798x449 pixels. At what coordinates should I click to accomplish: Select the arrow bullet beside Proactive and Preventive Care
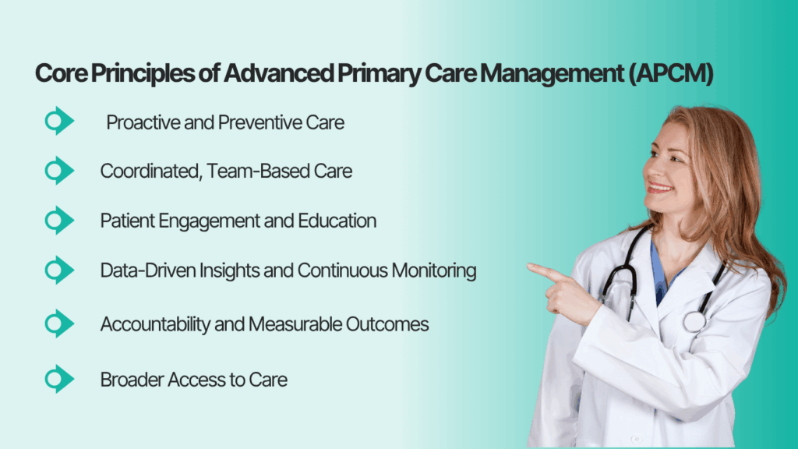click(58, 122)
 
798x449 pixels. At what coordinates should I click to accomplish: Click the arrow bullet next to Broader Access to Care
click(58, 380)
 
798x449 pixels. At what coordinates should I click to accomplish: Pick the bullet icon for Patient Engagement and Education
click(58, 221)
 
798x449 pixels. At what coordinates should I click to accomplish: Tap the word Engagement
click(198, 221)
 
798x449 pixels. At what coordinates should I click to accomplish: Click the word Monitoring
click(432, 271)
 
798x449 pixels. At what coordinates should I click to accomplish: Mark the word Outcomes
click(390, 324)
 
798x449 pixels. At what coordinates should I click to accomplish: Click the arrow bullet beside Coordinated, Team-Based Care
click(58, 171)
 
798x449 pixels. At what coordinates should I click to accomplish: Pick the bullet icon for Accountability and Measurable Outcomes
click(58, 323)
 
